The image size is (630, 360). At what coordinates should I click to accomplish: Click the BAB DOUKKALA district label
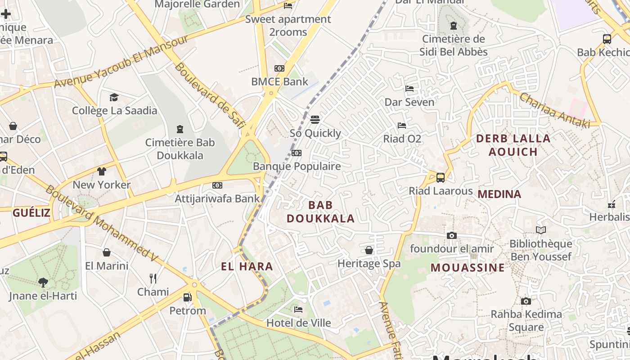tap(320, 212)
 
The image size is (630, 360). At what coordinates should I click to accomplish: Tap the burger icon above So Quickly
tap(315, 120)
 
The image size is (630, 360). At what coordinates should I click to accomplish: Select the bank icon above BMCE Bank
tap(279, 68)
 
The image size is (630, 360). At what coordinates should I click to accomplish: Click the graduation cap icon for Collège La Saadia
tap(114, 97)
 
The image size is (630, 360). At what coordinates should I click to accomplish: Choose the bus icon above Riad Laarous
tap(441, 177)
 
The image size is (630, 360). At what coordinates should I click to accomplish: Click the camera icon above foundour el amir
tap(451, 235)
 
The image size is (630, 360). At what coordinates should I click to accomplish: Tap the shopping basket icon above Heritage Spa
tap(369, 250)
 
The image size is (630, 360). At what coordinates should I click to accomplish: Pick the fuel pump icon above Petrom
tap(187, 297)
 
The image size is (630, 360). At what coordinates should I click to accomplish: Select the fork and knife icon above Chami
tap(153, 279)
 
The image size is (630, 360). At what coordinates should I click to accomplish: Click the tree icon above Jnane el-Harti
tap(43, 283)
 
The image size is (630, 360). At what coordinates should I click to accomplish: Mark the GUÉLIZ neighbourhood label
tap(31, 213)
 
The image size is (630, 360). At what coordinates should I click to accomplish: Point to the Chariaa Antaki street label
tap(554, 110)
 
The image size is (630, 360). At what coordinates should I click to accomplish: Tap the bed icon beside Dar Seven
tap(409, 89)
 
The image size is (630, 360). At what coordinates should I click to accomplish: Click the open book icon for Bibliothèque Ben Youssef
tap(540, 230)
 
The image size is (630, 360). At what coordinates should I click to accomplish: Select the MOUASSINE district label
tap(468, 268)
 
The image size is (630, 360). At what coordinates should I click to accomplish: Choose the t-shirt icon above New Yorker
tap(101, 171)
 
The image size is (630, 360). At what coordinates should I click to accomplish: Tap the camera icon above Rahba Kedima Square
tap(526, 301)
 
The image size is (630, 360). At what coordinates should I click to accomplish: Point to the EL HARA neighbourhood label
tap(247, 266)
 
